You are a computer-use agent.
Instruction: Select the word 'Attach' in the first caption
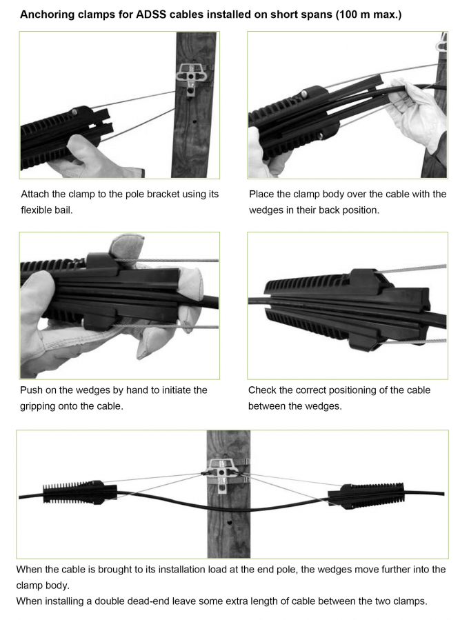pos(36,194)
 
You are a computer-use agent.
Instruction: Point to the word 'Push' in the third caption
pos(32,390)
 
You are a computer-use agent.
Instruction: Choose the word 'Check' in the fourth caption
pos(263,390)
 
